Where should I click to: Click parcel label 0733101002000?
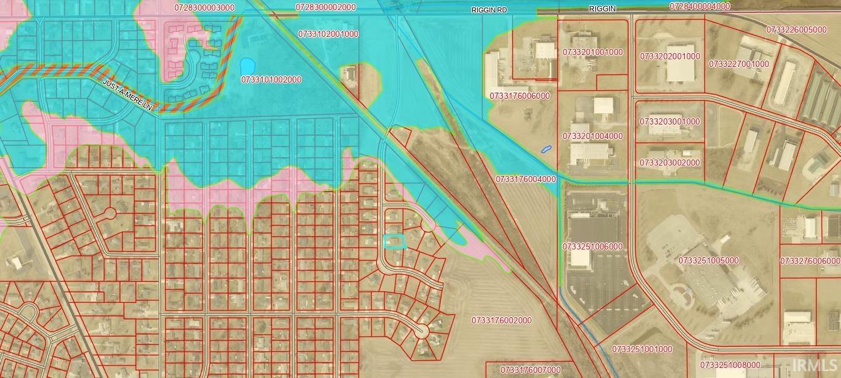click(271, 80)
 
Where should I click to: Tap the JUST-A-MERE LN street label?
click(128, 96)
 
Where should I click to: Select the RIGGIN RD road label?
click(489, 11)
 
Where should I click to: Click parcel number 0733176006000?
click(520, 96)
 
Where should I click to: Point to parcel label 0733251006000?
click(592, 247)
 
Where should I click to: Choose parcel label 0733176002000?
click(501, 320)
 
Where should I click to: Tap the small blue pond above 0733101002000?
click(247, 66)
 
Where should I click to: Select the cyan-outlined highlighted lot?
click(394, 242)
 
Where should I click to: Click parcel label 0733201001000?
click(592, 52)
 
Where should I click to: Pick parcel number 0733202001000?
click(670, 56)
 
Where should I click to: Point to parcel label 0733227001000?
click(738, 64)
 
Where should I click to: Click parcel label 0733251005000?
click(708, 260)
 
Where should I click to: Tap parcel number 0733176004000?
click(526, 179)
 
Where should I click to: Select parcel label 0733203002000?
click(670, 163)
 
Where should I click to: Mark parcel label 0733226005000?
click(796, 29)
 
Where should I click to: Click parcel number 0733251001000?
click(642, 349)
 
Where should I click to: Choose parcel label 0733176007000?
click(531, 370)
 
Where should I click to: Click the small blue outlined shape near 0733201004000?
click(546, 149)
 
